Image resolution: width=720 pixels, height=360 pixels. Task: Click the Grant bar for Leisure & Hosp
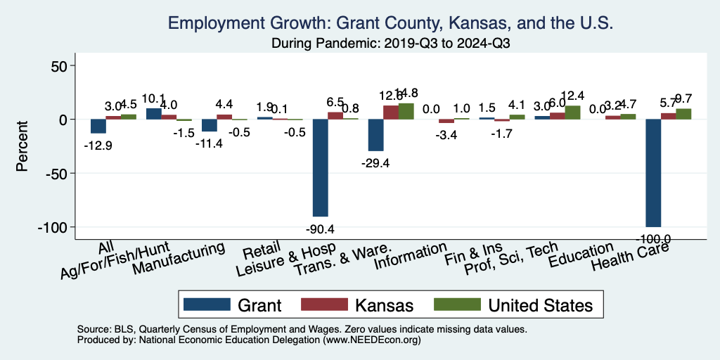click(x=320, y=167)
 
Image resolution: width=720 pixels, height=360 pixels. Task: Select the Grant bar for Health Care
click(x=654, y=173)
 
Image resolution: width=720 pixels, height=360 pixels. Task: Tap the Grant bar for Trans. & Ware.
click(x=375, y=135)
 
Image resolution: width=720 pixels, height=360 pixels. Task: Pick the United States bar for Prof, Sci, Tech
click(x=573, y=112)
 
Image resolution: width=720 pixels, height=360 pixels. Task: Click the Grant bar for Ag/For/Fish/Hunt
click(x=153, y=113)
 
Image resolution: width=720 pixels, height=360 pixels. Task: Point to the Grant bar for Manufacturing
click(x=209, y=125)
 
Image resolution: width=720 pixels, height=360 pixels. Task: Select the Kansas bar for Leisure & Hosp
click(x=335, y=115)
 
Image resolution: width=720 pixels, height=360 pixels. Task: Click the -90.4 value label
click(x=321, y=229)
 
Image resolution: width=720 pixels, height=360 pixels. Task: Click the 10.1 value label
click(x=153, y=98)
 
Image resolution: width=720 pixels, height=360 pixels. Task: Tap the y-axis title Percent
click(x=22, y=146)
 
